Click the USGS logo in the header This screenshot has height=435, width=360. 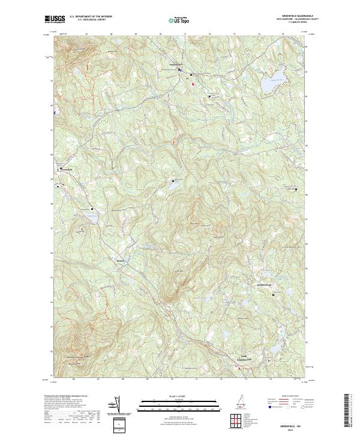click(54, 20)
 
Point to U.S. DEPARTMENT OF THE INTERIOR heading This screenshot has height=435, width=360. click(91, 17)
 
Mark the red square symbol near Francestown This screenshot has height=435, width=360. click(193, 84)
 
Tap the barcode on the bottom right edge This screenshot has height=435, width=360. click(347, 411)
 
